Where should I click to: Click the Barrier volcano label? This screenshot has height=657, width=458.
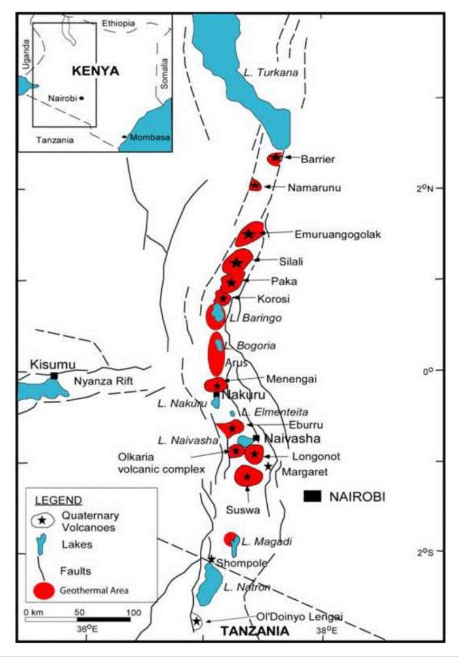click(x=317, y=159)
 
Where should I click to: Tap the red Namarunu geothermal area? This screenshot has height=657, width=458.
click(x=255, y=185)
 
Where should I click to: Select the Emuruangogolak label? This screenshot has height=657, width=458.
click(x=337, y=235)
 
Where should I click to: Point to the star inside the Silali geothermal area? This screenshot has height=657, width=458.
click(x=237, y=263)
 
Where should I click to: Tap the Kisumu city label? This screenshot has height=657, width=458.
click(x=54, y=365)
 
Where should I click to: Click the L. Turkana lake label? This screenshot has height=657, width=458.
click(x=270, y=73)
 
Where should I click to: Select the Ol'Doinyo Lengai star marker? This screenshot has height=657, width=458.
click(x=197, y=621)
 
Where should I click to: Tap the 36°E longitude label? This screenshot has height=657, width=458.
click(x=87, y=628)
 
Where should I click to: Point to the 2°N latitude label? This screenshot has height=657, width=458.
click(x=425, y=188)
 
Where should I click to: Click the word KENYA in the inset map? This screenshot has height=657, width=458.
click(x=95, y=71)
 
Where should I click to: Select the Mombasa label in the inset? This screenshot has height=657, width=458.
click(x=150, y=137)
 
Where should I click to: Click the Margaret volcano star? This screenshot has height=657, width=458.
click(x=268, y=466)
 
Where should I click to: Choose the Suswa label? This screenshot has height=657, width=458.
click(x=241, y=510)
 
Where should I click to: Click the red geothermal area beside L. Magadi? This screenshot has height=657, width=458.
click(x=230, y=538)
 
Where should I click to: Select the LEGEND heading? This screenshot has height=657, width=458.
click(x=58, y=500)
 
